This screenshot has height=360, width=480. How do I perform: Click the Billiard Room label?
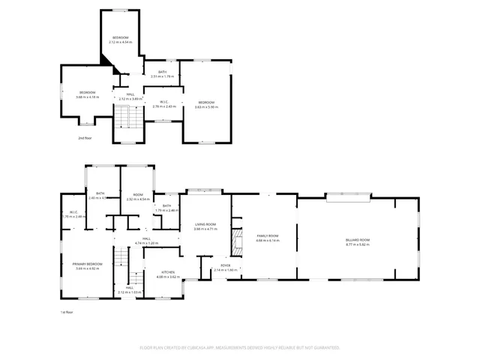click(358, 239)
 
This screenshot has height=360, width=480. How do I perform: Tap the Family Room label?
click(268, 235)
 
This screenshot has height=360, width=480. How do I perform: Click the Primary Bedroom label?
click(87, 264)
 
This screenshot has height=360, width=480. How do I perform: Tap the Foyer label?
click(225, 265)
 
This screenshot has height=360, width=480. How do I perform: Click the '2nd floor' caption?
click(85, 138)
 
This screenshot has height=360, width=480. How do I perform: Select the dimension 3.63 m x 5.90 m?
click(205, 106)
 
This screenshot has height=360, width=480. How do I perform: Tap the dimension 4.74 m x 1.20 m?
click(147, 243)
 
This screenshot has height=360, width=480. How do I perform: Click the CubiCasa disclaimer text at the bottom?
click(240, 348)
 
